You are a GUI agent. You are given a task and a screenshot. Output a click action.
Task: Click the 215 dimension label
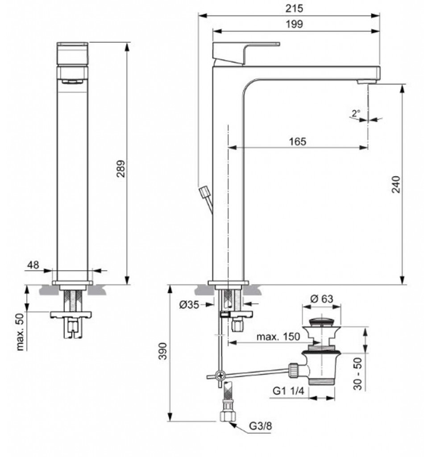pyautogui.click(x=294, y=8)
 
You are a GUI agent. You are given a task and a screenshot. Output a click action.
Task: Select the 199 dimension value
pyautogui.click(x=294, y=24)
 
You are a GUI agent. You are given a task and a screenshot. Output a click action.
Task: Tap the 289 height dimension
pyautogui.click(x=121, y=168)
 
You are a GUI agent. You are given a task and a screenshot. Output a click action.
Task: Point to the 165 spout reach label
pyautogui.click(x=298, y=141)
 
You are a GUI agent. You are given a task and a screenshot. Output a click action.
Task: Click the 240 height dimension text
pyautogui.click(x=396, y=184)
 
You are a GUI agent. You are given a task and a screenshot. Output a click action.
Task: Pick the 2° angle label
pyautogui.click(x=356, y=113)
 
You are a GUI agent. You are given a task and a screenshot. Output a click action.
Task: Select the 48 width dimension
pyautogui.click(x=33, y=265)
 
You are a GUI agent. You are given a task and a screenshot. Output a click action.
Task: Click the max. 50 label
pyautogui.click(x=20, y=332)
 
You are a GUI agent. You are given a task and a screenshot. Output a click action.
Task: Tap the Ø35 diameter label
pyautogui.click(x=189, y=304)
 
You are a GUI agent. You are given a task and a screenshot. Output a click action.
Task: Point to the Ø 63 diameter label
pyautogui.click(x=322, y=299)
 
